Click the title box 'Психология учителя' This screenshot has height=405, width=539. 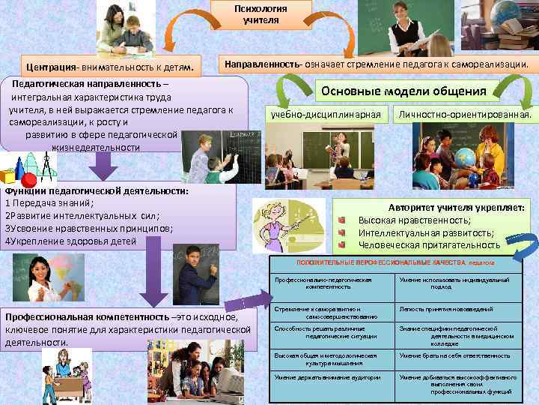[x=261, y=14]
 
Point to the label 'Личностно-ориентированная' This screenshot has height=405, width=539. [x=465, y=115]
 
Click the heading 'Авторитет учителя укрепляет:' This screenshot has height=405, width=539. [x=457, y=207]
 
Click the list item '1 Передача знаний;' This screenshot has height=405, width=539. [x=49, y=203]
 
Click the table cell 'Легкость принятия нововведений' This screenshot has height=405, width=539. [x=446, y=309]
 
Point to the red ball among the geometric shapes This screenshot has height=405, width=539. [x=29, y=180]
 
